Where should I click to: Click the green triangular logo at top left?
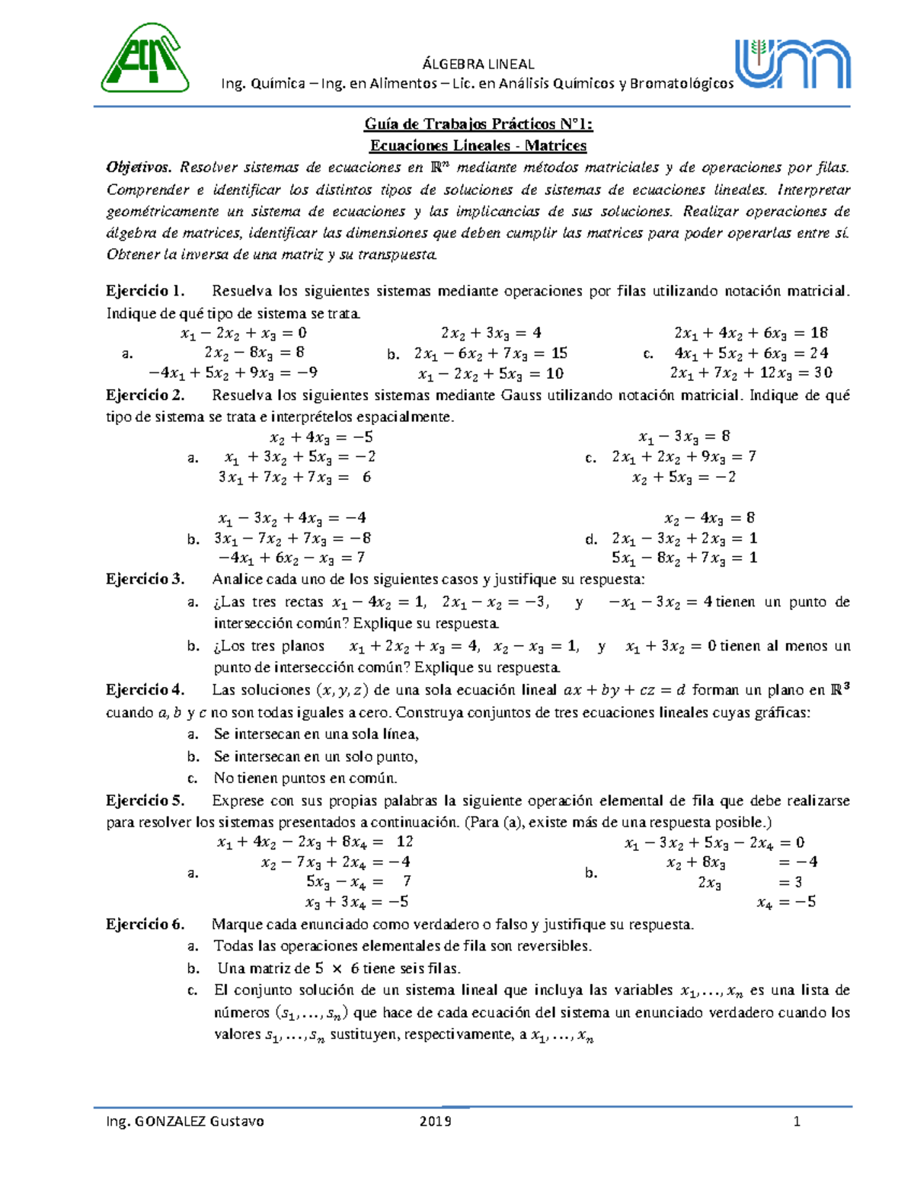tap(145, 58)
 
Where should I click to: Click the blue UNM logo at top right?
tap(792, 64)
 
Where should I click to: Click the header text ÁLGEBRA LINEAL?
tap(478, 64)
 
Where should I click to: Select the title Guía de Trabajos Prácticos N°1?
tap(478, 124)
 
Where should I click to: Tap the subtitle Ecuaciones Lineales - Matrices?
tap(478, 145)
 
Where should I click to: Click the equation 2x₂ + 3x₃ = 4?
tap(491, 333)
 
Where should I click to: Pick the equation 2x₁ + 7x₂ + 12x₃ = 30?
tap(750, 373)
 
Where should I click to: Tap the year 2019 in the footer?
tap(435, 1121)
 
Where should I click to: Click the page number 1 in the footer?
tap(797, 1121)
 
